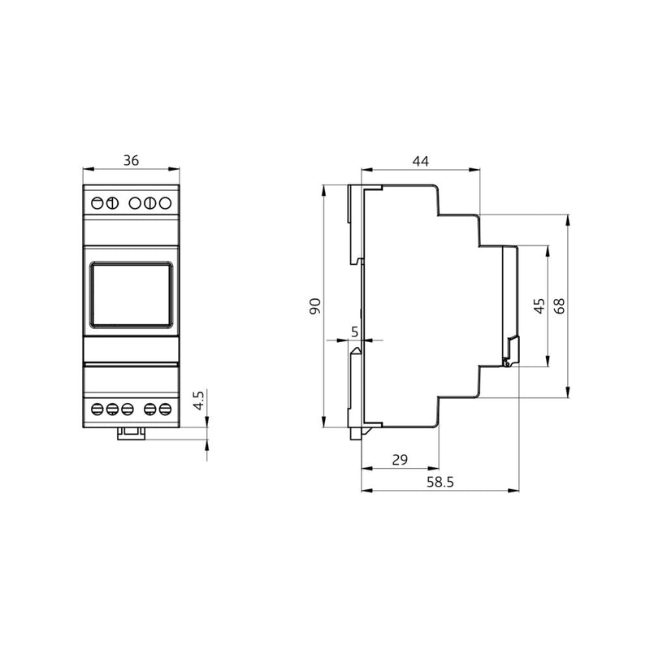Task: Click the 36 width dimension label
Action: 131,160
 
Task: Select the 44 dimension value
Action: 420,161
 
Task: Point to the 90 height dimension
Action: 315,306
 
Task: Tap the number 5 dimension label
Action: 354,331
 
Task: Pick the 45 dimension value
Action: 539,306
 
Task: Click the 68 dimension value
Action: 559,306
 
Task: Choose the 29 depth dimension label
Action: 400,460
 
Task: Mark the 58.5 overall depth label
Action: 440,482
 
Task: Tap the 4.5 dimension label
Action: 199,401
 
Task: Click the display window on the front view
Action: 131,295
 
